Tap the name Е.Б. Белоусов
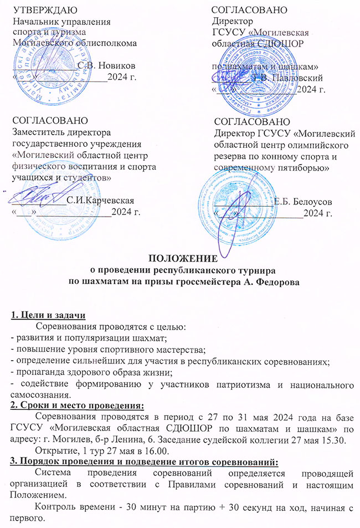coord(302,201)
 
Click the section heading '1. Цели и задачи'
coord(48,316)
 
